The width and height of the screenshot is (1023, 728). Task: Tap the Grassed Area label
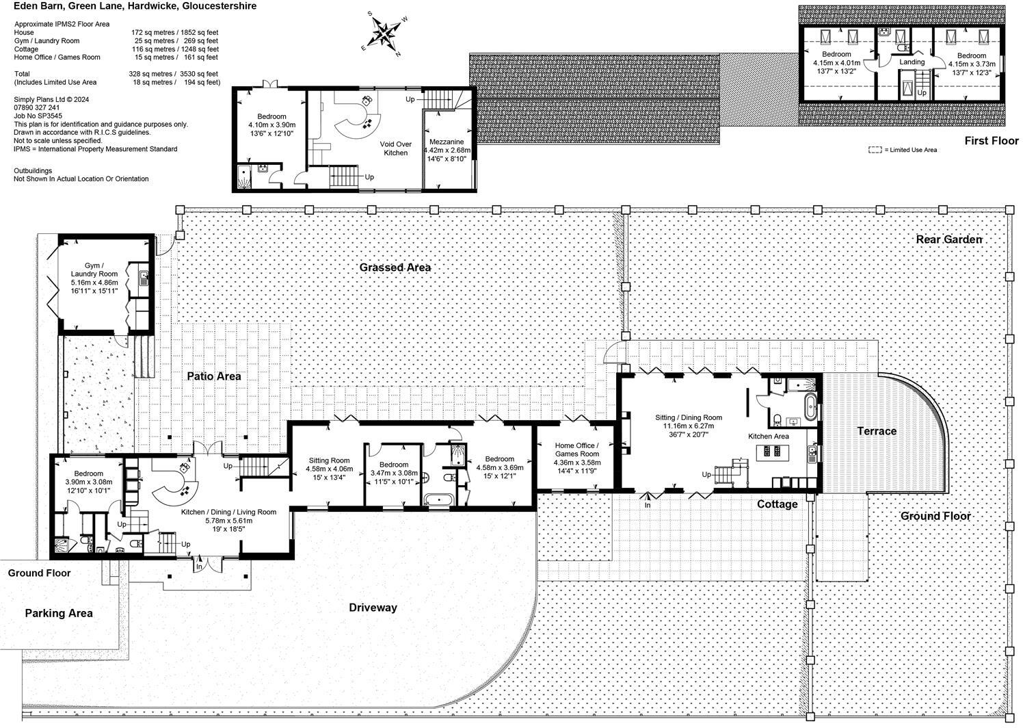click(395, 268)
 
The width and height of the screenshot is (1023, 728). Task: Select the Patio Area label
click(214, 376)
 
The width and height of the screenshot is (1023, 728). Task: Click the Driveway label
click(373, 608)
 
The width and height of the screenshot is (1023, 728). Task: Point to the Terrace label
click(877, 431)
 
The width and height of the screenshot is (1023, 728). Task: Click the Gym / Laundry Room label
click(94, 270)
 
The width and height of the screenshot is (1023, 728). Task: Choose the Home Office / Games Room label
click(577, 450)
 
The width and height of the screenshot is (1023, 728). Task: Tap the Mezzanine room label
click(447, 142)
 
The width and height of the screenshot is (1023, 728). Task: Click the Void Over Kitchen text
click(395, 148)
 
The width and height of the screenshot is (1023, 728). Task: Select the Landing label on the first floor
click(912, 62)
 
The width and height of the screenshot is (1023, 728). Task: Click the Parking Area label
click(58, 613)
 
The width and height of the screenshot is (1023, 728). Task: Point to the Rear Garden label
click(948, 239)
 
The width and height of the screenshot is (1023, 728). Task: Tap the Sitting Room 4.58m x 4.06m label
click(329, 469)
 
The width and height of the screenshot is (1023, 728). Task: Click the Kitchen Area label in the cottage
click(768, 436)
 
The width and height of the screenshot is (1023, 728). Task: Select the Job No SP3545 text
click(38, 116)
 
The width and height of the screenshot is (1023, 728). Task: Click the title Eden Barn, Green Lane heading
click(135, 6)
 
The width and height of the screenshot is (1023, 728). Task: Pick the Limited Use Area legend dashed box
click(875, 149)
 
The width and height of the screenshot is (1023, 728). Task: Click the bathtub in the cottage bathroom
click(810, 406)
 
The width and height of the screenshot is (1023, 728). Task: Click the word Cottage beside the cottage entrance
click(778, 504)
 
